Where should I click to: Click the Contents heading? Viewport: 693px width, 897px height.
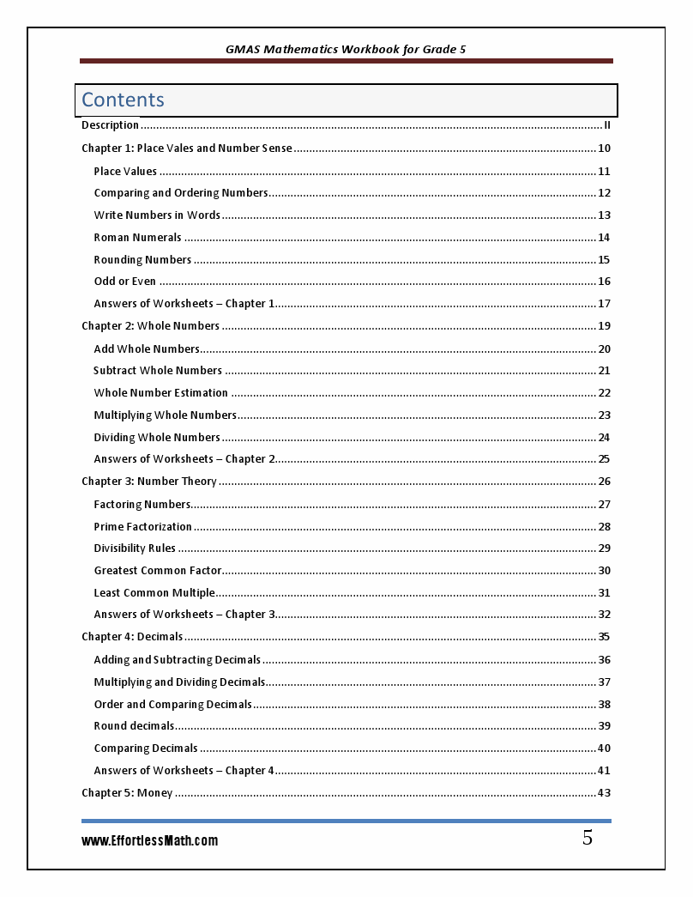(x=123, y=100)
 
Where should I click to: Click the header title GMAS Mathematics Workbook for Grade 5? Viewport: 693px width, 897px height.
(x=346, y=50)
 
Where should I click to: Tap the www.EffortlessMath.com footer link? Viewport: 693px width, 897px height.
(x=149, y=841)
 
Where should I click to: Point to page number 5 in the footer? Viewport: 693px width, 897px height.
(x=588, y=839)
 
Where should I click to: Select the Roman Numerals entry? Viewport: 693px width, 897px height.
(x=137, y=238)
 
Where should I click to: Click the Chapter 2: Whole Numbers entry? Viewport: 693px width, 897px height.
(x=150, y=326)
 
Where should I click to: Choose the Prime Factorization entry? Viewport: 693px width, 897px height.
(x=142, y=526)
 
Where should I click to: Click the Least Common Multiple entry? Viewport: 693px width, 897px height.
(x=154, y=593)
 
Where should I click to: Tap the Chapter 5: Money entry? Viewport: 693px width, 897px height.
(x=127, y=793)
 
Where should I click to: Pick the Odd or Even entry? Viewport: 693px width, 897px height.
(x=125, y=282)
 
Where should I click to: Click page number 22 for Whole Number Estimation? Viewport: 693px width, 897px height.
(x=604, y=393)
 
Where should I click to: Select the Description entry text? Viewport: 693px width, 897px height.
(x=110, y=125)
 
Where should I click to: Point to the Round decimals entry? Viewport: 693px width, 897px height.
(x=134, y=726)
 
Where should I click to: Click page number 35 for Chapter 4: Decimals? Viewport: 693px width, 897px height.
(x=604, y=637)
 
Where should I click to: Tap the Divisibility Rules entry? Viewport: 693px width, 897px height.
(x=135, y=549)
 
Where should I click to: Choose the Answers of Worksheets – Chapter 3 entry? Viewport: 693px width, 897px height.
(x=184, y=615)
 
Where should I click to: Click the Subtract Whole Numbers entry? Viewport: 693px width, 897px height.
(x=158, y=371)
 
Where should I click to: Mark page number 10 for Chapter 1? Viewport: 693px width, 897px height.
(x=604, y=148)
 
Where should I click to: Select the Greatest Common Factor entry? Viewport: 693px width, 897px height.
(x=158, y=571)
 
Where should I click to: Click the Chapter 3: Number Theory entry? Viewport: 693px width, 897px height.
(x=149, y=482)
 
